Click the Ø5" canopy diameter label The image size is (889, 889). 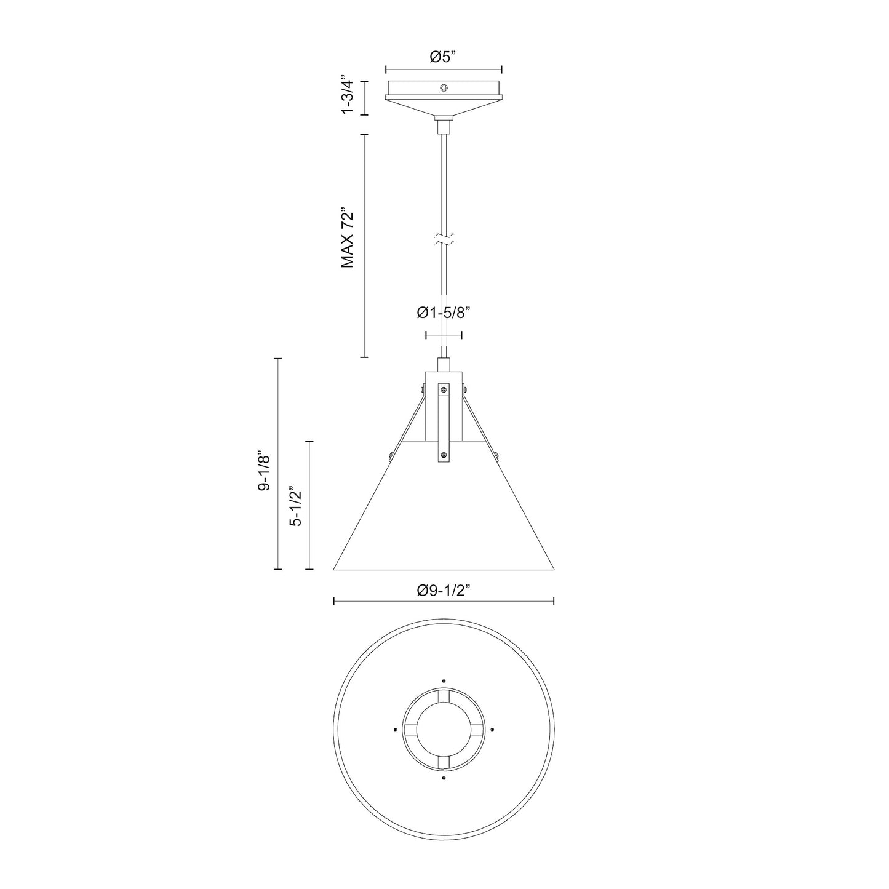coord(443,57)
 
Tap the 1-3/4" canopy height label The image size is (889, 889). coord(348,98)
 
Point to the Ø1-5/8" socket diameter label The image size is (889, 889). coord(443,314)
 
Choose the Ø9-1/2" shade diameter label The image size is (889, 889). coord(443,591)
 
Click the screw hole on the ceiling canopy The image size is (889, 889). coord(444,89)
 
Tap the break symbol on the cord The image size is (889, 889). coord(444,241)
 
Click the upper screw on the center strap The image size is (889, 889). coord(444,389)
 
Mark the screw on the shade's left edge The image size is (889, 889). coord(391,455)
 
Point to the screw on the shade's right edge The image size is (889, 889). coord(495,455)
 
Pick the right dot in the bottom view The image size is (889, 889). coord(493,729)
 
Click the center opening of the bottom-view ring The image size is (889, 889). coord(444,729)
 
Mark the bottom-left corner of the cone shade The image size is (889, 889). coord(334,569)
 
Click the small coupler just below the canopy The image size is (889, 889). coord(444,126)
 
